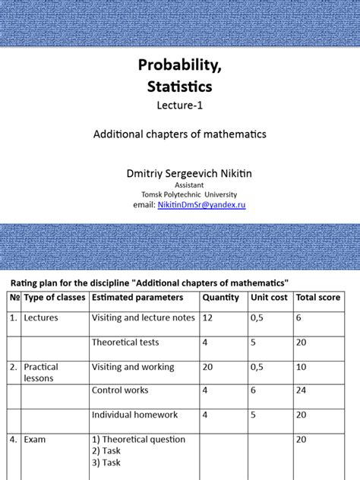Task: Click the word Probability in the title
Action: coord(180,67)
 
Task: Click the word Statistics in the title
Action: coord(180,88)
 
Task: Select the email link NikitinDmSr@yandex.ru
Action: coord(201,205)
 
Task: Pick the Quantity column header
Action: coord(220,298)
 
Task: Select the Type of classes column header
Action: coord(52,298)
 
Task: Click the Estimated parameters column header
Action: coord(137,298)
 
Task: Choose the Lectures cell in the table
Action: coord(41,317)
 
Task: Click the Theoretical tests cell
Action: coord(125,343)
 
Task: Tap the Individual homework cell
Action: coord(134,415)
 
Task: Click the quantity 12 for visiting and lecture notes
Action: coord(207,317)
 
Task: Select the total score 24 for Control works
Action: coord(302,390)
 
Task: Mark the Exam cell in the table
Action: coord(36,439)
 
